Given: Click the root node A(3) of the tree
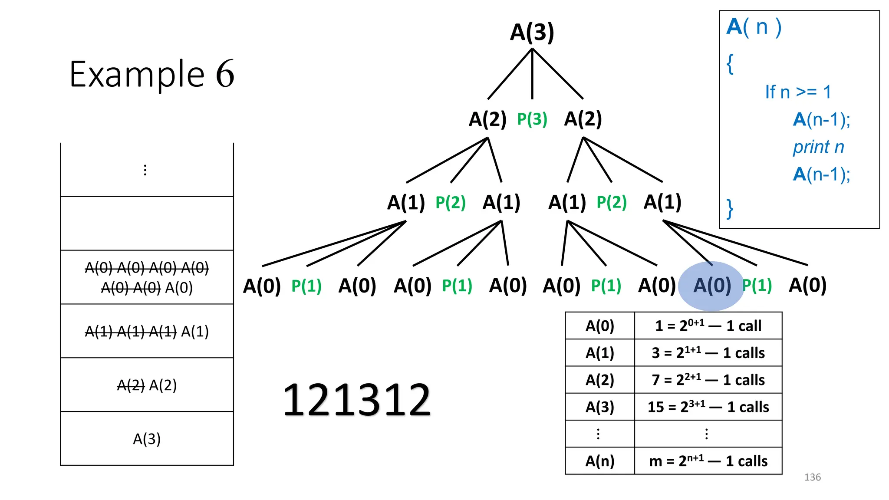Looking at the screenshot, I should (x=532, y=32).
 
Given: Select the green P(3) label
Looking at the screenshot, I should (x=532, y=119).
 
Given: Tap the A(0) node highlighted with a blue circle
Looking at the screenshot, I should (x=712, y=286).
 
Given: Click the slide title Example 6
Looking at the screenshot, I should (x=152, y=74).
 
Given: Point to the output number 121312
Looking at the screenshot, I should (x=356, y=400).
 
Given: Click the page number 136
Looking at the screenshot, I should (x=812, y=477).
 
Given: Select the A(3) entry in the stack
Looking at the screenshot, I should (x=147, y=439).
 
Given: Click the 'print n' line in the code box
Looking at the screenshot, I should (x=818, y=147).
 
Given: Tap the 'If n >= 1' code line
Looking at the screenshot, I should (x=798, y=92).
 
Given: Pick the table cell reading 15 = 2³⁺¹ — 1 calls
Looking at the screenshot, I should (x=708, y=407).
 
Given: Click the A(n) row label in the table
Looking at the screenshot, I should (x=600, y=461).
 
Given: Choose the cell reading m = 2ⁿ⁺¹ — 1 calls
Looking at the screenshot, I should (x=708, y=461).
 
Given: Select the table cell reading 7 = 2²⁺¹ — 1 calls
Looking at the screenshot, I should (x=708, y=380).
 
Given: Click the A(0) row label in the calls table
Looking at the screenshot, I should (x=600, y=326).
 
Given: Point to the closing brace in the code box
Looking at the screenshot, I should (x=730, y=209).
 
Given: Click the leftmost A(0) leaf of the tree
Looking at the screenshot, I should (x=262, y=286).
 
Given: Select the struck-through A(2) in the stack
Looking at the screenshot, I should (x=131, y=385).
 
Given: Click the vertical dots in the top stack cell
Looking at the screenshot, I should (x=145, y=170).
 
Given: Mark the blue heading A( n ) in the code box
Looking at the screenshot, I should (x=754, y=27).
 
